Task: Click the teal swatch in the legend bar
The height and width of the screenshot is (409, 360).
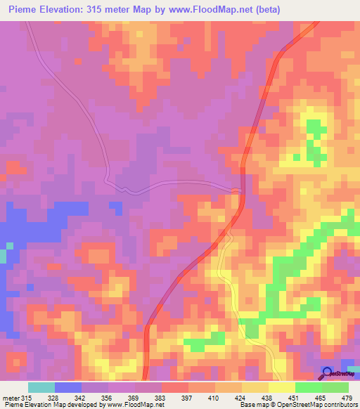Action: click(x=41, y=388)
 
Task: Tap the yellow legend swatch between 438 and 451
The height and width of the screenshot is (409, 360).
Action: click(x=281, y=388)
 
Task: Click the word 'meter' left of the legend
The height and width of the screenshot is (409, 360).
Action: click(x=11, y=398)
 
